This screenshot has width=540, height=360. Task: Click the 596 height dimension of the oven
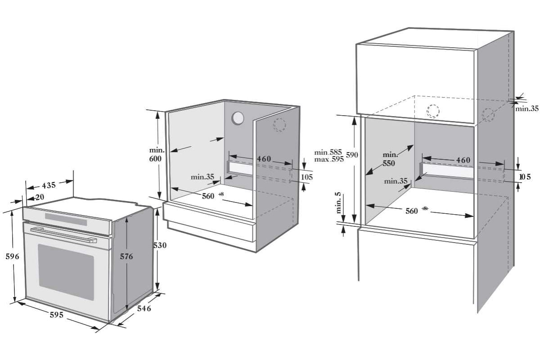coord(12,256)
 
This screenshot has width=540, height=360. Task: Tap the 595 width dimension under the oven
coord(57,315)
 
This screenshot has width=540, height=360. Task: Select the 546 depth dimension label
coord(144,308)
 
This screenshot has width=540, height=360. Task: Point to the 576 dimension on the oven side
coord(126,256)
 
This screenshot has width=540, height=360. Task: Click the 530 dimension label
coord(160,245)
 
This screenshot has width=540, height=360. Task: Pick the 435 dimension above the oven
coord(49,185)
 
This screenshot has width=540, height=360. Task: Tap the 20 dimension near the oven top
coord(40,197)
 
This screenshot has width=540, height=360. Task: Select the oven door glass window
coord(66,272)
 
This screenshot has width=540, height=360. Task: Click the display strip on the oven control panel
coord(66,219)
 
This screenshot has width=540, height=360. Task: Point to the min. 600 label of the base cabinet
coord(157,154)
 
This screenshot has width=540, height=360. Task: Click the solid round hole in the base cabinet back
coord(238,118)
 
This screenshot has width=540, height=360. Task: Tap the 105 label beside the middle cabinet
coord(307,177)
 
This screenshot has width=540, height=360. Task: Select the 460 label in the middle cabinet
coord(264,159)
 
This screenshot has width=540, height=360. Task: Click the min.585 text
coord(328,153)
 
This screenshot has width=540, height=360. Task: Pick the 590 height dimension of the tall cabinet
coord(352,155)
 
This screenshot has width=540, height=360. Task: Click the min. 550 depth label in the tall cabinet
coord(389,159)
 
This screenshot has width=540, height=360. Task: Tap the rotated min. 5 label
coord(338,203)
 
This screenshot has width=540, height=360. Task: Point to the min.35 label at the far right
coord(527,109)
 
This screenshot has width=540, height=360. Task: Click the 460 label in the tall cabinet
coord(463,160)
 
